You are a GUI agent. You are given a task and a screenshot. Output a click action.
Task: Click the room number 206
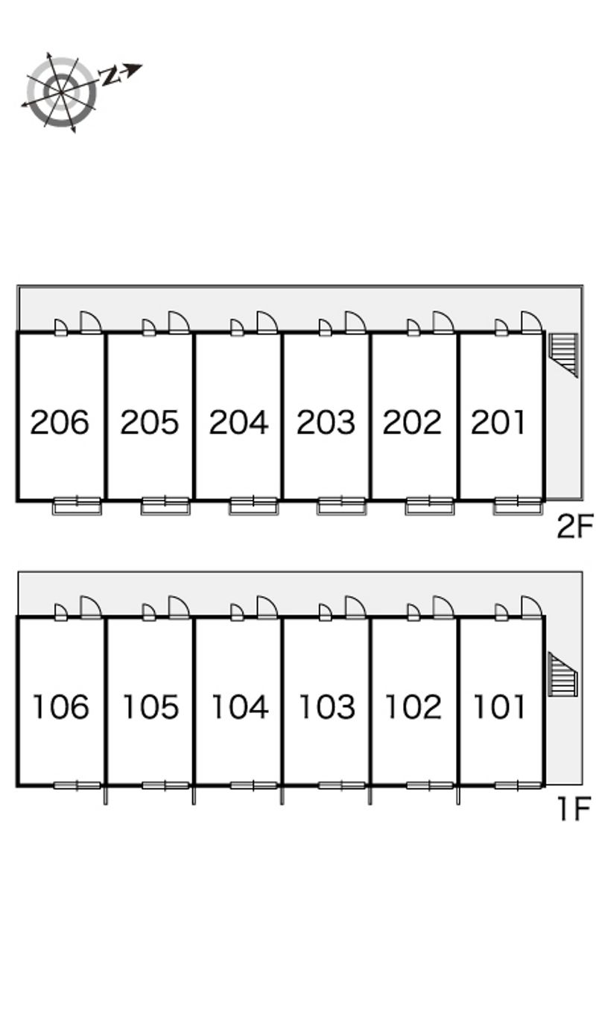(x=60, y=422)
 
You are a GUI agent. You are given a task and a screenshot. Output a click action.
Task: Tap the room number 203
(x=326, y=422)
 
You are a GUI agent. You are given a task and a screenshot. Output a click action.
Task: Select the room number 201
(x=499, y=422)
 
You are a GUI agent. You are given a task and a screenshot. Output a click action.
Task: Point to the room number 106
(x=60, y=706)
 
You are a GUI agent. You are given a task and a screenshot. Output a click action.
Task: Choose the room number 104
(x=239, y=706)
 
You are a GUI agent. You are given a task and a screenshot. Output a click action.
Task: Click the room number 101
(x=500, y=706)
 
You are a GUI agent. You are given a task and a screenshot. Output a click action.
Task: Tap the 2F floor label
(x=574, y=528)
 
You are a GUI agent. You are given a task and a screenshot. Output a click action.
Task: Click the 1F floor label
(x=574, y=808)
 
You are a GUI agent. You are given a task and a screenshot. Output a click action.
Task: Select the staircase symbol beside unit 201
(x=564, y=354)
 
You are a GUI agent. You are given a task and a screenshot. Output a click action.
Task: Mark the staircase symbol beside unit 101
(x=562, y=674)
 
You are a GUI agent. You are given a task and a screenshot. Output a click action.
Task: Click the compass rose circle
(x=62, y=92)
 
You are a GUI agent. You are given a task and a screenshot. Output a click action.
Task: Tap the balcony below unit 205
(x=165, y=507)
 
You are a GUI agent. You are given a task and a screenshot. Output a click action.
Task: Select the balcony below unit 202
(x=430, y=507)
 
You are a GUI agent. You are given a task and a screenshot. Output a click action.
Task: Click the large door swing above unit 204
(x=267, y=322)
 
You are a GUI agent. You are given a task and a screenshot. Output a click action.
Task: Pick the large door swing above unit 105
(x=179, y=606)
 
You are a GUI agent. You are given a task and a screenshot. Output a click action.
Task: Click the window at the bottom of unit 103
(x=341, y=785)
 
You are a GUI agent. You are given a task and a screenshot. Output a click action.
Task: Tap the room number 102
(x=413, y=706)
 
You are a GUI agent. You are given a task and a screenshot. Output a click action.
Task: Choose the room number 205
(x=150, y=422)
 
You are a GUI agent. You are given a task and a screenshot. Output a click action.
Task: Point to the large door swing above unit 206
(x=90, y=322)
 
